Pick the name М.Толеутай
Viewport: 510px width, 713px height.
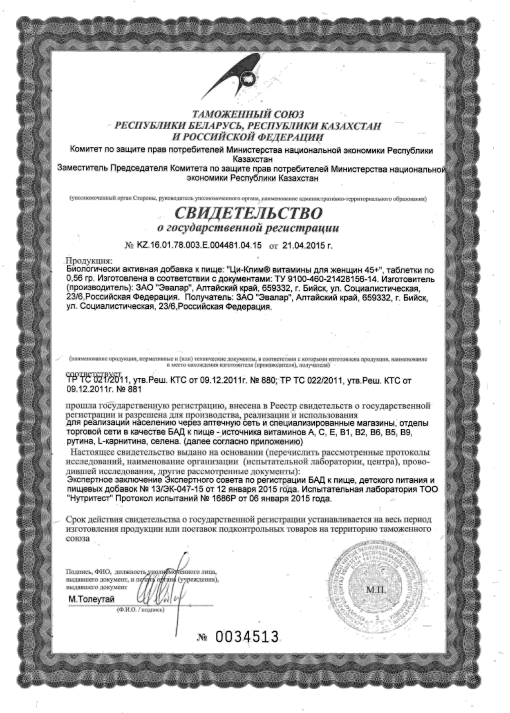[x=92, y=599]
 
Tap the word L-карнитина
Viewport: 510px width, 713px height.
[x=116, y=442]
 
